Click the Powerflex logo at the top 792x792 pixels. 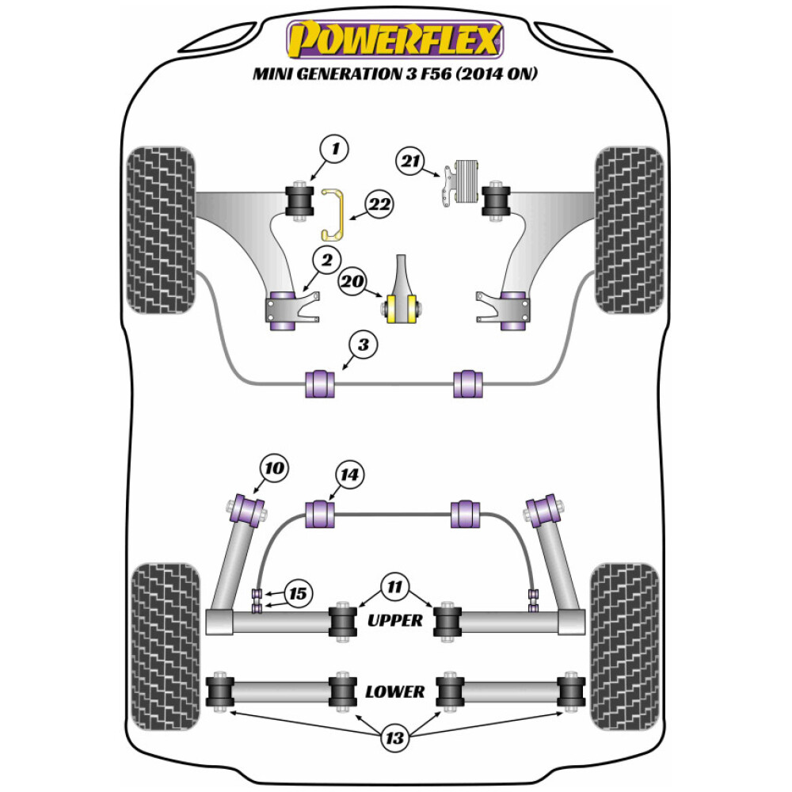point(395,40)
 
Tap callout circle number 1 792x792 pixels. point(336,148)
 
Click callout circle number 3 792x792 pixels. point(363,345)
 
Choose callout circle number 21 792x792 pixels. point(410,162)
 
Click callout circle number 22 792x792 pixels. point(379,205)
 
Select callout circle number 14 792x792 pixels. point(349,475)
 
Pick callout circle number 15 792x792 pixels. point(298,593)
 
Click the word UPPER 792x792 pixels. point(395,620)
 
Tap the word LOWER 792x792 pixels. point(395,691)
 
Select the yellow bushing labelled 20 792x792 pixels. point(401,307)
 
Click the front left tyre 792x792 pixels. point(161,230)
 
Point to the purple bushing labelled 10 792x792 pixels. point(248,509)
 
